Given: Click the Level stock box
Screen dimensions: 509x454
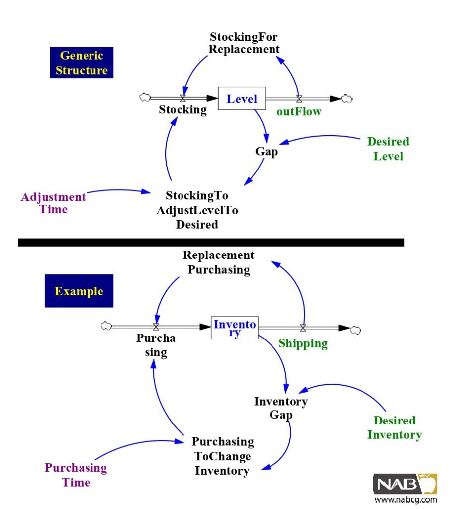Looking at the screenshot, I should [x=242, y=99].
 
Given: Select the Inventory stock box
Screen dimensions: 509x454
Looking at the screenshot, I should [x=235, y=328].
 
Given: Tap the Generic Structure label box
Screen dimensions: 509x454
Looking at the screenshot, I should [x=82, y=63].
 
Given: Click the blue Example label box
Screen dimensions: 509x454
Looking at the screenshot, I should [x=79, y=291].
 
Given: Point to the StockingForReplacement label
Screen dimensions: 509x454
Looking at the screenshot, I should [x=244, y=43].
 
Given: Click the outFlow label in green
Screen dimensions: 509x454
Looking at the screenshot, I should [x=299, y=112].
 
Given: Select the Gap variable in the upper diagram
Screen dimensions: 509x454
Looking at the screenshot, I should [x=267, y=152].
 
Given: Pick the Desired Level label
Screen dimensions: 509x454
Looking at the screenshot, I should [x=388, y=149].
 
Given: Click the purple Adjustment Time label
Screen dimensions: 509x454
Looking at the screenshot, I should [x=53, y=203].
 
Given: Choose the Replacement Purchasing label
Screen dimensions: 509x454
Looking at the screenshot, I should [x=218, y=262].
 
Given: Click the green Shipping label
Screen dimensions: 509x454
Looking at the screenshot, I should [x=303, y=343].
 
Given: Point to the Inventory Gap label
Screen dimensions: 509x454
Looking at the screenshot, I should [x=281, y=408].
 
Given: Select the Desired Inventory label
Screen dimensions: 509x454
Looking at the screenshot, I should [x=394, y=427].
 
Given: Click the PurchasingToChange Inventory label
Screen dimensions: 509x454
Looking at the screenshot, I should [x=222, y=456].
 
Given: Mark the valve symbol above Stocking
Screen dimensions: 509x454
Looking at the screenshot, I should [x=182, y=98].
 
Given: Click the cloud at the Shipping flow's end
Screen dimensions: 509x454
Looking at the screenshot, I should [x=356, y=328].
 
